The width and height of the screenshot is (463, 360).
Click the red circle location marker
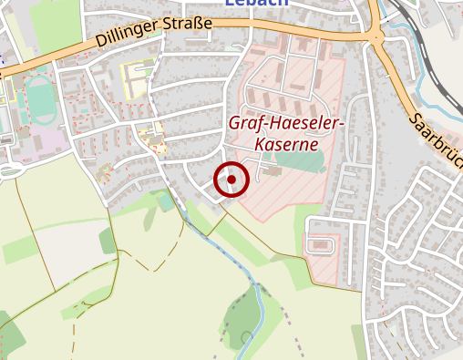(231, 180)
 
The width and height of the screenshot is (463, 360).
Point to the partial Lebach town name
(256, 4)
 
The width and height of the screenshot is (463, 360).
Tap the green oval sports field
(38, 94)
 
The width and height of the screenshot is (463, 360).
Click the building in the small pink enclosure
(319, 245)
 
